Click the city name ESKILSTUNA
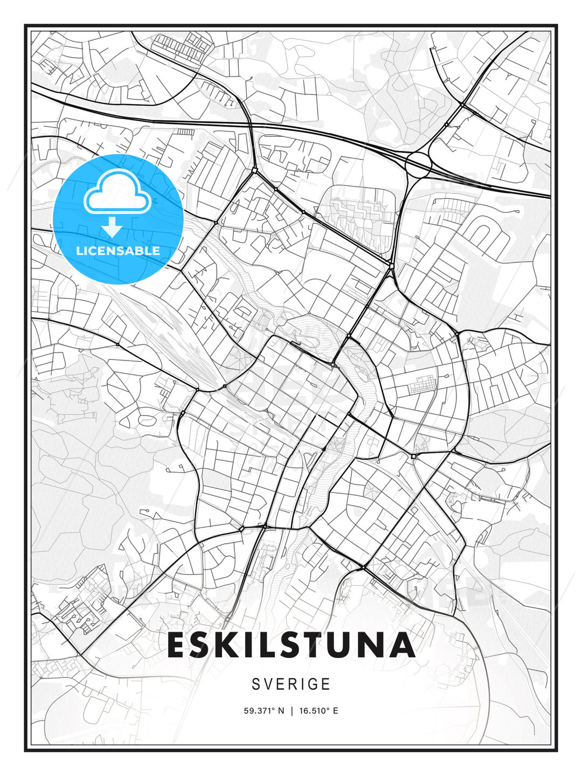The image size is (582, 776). tap(291, 645)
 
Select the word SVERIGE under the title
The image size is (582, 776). tap(291, 684)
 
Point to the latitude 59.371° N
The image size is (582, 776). tap(264, 711)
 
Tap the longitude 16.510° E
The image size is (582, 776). tap(318, 711)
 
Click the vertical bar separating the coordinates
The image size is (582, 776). tap(291, 711)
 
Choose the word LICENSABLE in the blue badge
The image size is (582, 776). tap(118, 251)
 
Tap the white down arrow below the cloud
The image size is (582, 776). tap(112, 227)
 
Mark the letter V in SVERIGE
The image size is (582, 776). tap(268, 684)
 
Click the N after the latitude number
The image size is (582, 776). tap(280, 711)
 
